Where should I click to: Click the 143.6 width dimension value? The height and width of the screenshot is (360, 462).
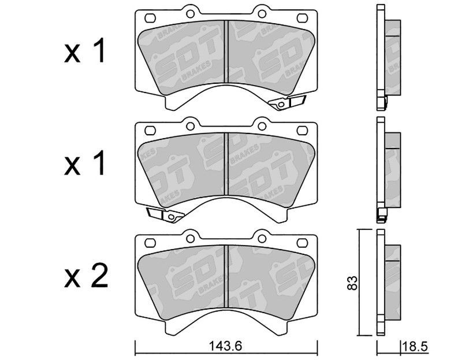coord(225,346)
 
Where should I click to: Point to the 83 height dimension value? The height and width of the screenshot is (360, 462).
coord(353,283)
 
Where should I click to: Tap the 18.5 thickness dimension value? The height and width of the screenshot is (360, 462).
coord(415,346)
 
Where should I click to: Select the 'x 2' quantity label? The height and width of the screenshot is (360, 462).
coord(86,277)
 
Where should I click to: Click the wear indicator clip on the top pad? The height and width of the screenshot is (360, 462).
coord(287,102)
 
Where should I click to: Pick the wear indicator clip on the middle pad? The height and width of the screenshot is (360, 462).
coord(165,215)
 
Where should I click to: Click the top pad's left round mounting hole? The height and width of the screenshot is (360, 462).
coord(191,13)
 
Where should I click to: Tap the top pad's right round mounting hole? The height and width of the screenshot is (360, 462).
coord(262,13)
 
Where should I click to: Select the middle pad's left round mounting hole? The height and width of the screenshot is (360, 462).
coord(191,126)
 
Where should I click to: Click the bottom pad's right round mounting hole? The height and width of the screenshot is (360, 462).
coord(262,239)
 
